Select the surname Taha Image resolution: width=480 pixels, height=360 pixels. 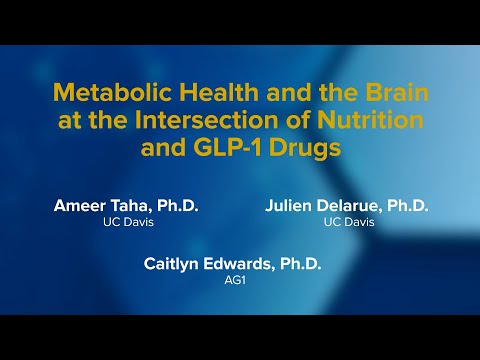click(x=135, y=206)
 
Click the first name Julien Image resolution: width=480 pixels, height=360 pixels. click(x=292, y=206)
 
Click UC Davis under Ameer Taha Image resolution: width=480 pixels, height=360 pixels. click(x=126, y=222)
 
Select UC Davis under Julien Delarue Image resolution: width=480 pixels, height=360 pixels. click(x=349, y=222)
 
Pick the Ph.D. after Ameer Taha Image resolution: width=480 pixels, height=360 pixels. click(x=180, y=206)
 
